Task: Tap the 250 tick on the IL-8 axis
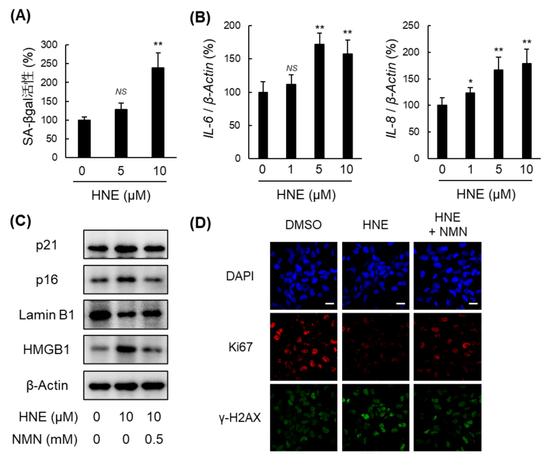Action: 413,26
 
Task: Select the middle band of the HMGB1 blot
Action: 126,346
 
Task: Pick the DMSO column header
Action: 304,225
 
